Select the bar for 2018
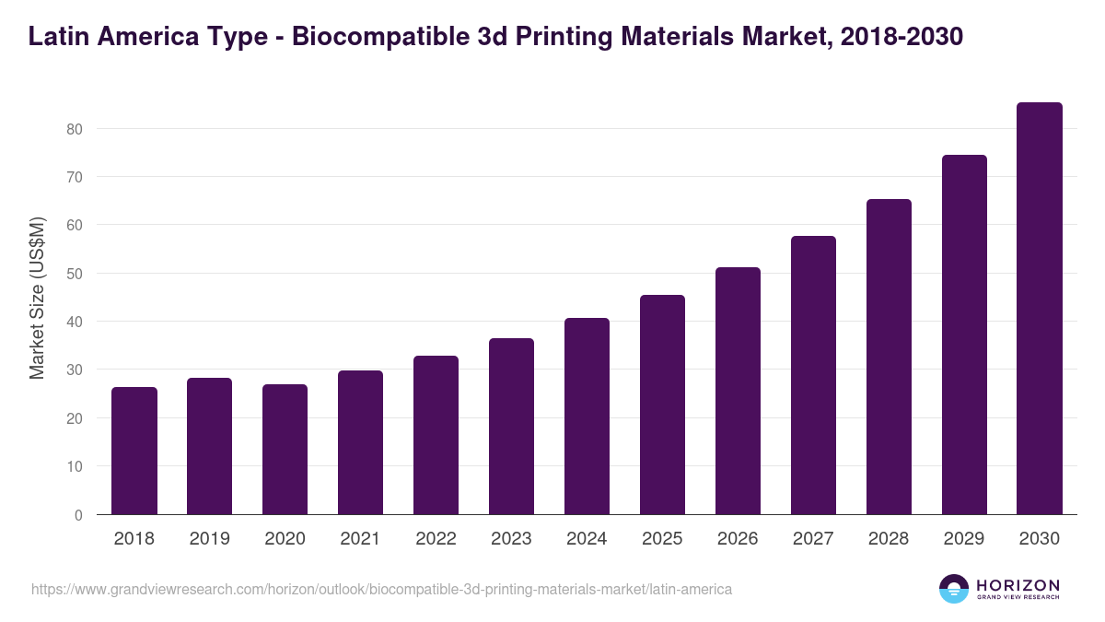coord(134,451)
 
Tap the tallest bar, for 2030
coord(1040,309)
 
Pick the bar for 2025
coord(663,405)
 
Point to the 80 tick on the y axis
coord(75,129)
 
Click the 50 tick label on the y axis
coord(75,274)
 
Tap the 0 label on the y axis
coord(78,515)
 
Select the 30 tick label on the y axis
coord(75,370)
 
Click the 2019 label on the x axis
coord(210,539)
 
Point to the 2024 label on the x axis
coord(587,539)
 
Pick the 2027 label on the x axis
coord(813,539)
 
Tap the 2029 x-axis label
coord(964,539)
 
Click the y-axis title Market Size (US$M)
coord(37,298)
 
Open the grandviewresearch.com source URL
coord(381,589)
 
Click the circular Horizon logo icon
coord(954,589)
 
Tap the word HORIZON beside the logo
coord(1018,585)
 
